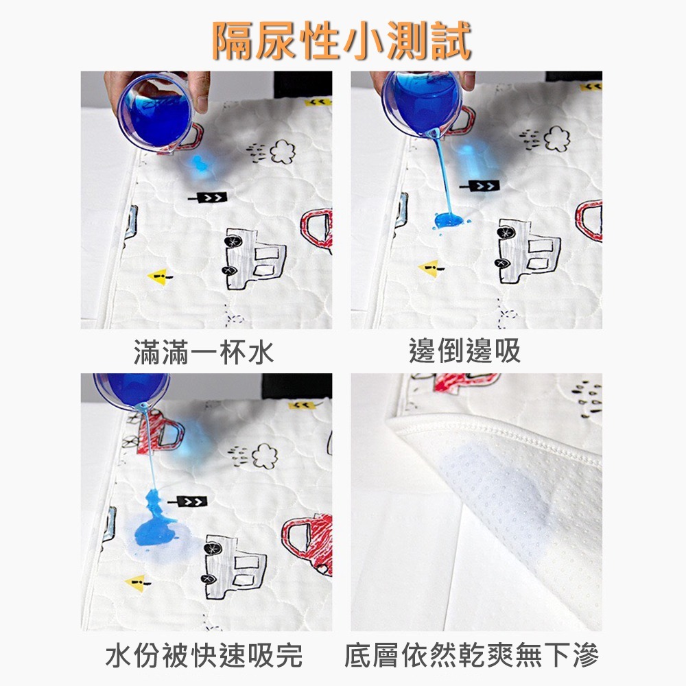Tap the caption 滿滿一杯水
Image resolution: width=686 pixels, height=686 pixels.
point(204,353)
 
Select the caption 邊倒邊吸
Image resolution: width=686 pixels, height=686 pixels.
point(464,352)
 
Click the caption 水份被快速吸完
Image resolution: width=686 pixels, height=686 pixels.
point(204,656)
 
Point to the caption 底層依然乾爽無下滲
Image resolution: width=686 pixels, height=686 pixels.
point(472,656)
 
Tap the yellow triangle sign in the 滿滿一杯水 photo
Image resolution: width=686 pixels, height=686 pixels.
point(158,276)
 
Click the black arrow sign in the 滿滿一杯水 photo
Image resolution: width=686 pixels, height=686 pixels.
point(207,198)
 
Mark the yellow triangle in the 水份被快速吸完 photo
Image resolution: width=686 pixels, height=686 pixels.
point(135,582)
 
